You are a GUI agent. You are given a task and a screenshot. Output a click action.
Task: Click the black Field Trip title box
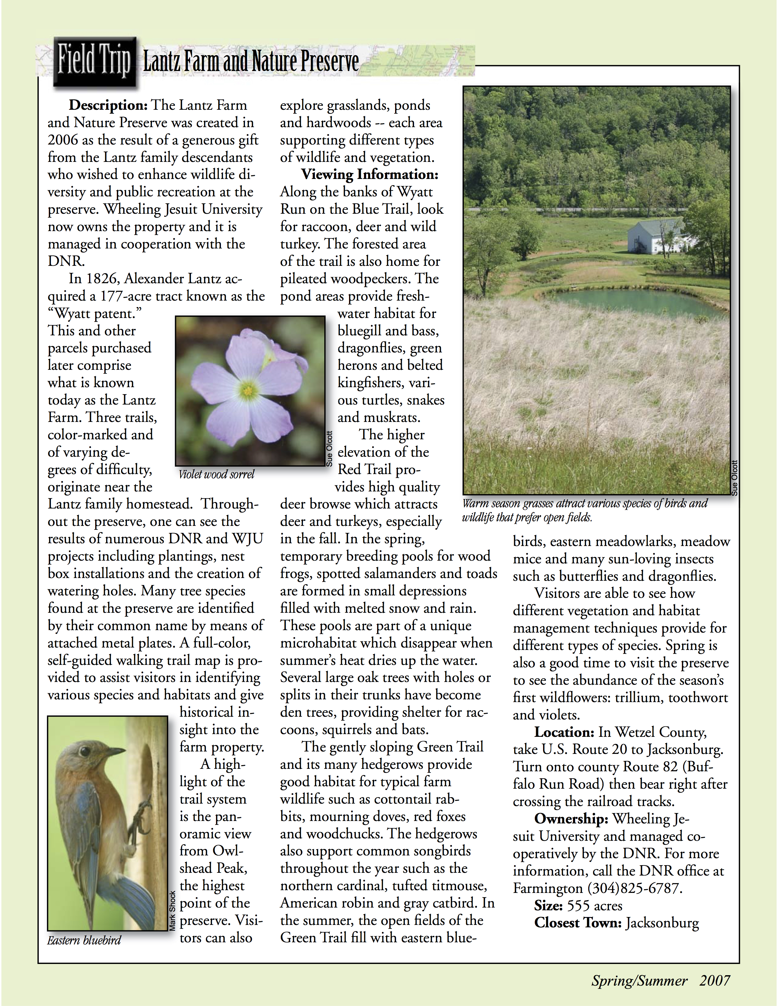coord(95,62)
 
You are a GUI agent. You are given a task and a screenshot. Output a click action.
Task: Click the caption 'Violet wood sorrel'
coord(216,474)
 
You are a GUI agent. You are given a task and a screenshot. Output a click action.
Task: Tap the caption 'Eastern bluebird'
coord(84,940)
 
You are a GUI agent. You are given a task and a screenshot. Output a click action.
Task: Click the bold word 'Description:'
coord(108,105)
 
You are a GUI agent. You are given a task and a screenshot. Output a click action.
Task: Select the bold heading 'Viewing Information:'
coord(370,175)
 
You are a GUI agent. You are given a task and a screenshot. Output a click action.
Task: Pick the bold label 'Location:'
coord(564,732)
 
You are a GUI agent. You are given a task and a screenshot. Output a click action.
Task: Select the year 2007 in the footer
coord(715,981)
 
